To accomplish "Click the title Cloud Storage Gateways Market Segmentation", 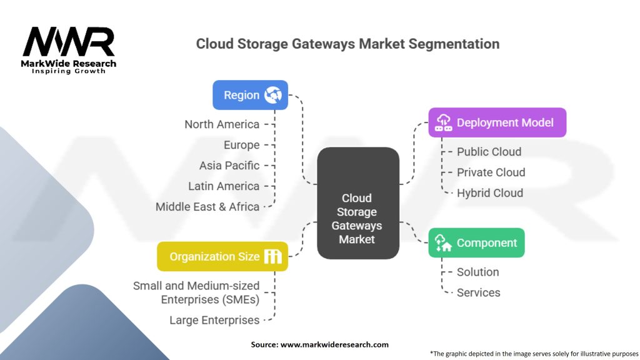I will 347,44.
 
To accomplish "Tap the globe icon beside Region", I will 273,95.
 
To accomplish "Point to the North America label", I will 222,124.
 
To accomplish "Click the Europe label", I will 241,145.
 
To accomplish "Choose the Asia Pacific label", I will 229,166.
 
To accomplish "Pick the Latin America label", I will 224,186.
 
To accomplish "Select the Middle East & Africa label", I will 207,207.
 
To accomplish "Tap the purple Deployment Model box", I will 497,122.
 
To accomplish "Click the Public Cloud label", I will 489,152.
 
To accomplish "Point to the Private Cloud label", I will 491,172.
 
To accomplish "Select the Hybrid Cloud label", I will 489,193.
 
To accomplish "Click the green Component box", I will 476,242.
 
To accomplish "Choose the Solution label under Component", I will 477,272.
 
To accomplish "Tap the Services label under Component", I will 478,292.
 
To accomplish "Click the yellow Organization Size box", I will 222,256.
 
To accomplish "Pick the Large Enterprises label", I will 214,320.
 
